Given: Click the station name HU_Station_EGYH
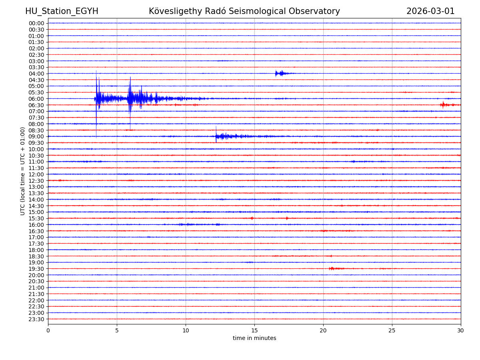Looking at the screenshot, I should click(x=62, y=11).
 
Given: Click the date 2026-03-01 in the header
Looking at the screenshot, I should click(x=430, y=11).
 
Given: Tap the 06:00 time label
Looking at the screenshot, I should click(x=36, y=99).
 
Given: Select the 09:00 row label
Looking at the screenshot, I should click(x=36, y=136).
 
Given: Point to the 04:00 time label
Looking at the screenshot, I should click(x=36, y=74).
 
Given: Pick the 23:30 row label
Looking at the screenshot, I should click(x=36, y=319).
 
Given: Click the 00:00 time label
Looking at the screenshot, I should click(x=36, y=23).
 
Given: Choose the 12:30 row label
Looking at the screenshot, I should click(x=36, y=181).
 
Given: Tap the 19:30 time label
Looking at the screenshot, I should click(x=36, y=269).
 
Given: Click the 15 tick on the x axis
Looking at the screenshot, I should click(x=254, y=331).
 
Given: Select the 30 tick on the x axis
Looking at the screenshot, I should click(x=461, y=331).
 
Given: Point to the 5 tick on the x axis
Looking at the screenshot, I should click(x=117, y=331).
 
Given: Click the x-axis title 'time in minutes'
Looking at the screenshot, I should click(x=254, y=338).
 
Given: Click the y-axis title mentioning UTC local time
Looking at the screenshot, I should click(x=23, y=171).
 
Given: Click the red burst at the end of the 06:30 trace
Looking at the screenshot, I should click(x=443, y=105).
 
